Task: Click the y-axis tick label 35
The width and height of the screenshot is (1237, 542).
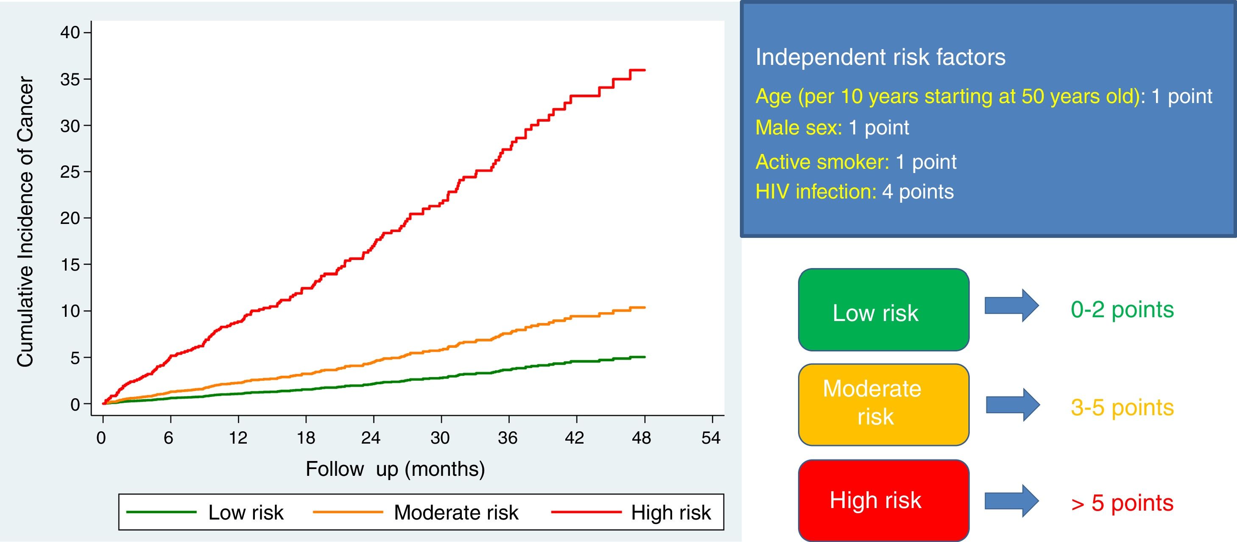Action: tap(70, 79)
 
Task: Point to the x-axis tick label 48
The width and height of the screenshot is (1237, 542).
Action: tap(642, 438)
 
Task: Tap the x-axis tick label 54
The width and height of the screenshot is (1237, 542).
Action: tap(711, 438)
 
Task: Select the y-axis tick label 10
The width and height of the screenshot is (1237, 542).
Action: tap(70, 311)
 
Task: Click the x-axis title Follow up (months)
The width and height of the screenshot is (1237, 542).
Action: tap(395, 469)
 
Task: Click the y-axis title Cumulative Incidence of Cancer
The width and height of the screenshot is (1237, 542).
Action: tap(25, 222)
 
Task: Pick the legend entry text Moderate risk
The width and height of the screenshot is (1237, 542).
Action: tap(456, 513)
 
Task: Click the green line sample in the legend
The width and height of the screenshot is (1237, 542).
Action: tap(161, 512)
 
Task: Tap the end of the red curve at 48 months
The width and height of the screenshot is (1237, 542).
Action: tap(644, 70)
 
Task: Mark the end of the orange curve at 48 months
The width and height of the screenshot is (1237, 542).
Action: tap(644, 307)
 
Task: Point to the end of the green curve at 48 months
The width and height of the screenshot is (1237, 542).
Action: tap(644, 357)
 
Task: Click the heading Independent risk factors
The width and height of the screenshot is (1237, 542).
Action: tap(880, 57)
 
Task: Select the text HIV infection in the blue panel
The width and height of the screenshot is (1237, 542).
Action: tap(815, 192)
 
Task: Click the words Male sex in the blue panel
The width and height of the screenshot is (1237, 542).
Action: tap(798, 128)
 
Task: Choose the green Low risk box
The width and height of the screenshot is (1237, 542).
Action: tap(883, 310)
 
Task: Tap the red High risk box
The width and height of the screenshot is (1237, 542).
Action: tap(883, 500)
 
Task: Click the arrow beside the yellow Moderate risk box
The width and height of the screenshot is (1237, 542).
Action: tap(1012, 405)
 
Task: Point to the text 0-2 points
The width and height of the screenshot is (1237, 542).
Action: tap(1122, 310)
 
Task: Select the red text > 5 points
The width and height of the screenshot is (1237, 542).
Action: tap(1122, 503)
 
